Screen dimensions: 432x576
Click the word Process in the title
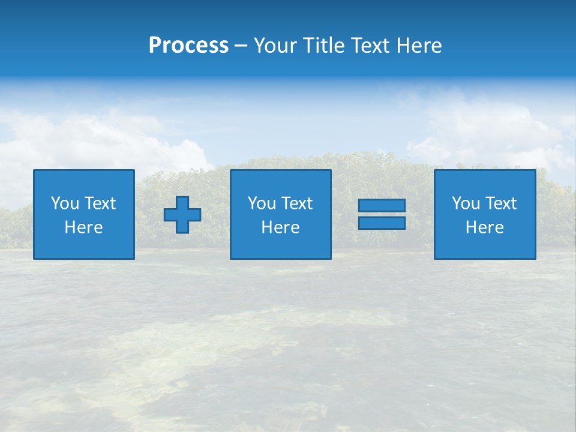188,46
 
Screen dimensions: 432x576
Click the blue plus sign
182,215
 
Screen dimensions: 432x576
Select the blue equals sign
382,214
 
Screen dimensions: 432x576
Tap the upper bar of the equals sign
382,206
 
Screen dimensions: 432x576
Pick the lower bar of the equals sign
382,223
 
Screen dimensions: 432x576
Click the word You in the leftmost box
65,203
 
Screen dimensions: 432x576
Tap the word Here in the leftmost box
83,227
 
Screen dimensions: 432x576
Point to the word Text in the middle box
296,203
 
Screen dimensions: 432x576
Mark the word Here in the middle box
280,227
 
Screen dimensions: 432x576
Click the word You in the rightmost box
466,203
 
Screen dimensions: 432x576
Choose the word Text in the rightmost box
500,203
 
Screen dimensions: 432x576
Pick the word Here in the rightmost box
484,227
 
